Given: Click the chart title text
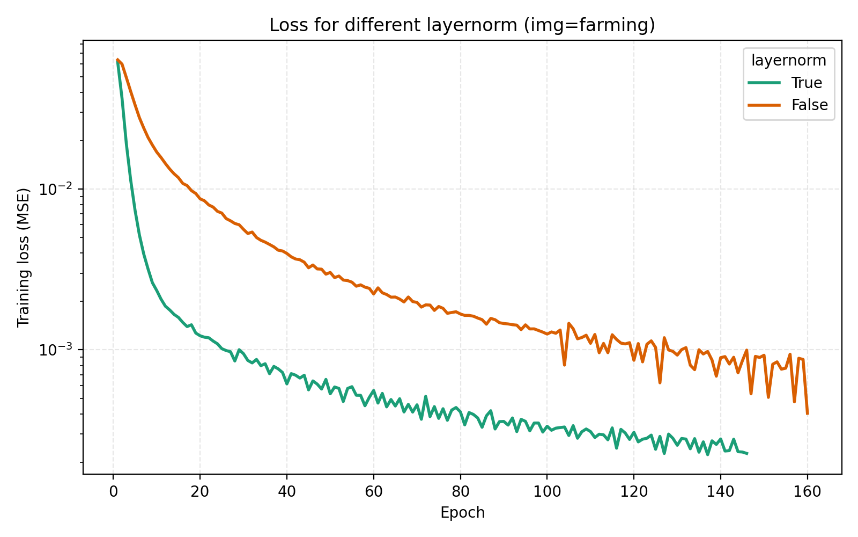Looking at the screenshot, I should coord(462,25).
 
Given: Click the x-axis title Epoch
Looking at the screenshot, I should coord(462,513).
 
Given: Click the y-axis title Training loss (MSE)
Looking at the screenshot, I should coord(24,257).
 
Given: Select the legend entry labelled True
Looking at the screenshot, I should coord(807,83).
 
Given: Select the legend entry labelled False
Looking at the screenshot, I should coord(809,105).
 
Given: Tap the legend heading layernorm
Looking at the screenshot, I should coord(788,61).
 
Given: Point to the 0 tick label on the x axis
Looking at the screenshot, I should coord(113,491).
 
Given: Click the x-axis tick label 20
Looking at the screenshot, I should coord(199,491).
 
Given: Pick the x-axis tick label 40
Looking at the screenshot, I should coord(286,491).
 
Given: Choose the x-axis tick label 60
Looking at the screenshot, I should coord(373,491).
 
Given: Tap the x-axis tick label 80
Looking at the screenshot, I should coord(460,491).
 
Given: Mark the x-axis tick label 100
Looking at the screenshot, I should coord(547,491).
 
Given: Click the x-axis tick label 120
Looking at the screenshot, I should coord(634,491).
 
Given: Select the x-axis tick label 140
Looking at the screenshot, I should coord(720,491).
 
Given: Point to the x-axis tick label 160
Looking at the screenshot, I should coord(807,491).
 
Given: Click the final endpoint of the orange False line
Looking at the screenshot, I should coord(807,413).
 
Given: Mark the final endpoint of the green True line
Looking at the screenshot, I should coord(746,454).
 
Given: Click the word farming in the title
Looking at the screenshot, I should coord(626,25).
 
